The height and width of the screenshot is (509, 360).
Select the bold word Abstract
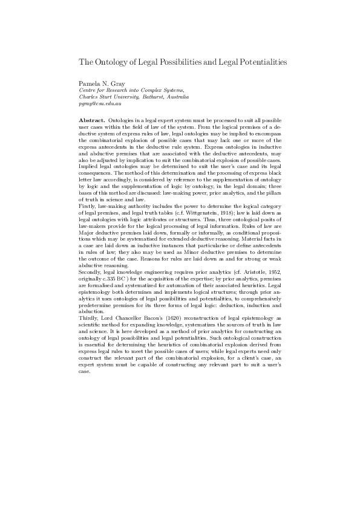92,121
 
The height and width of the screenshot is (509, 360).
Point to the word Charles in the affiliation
89,97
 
